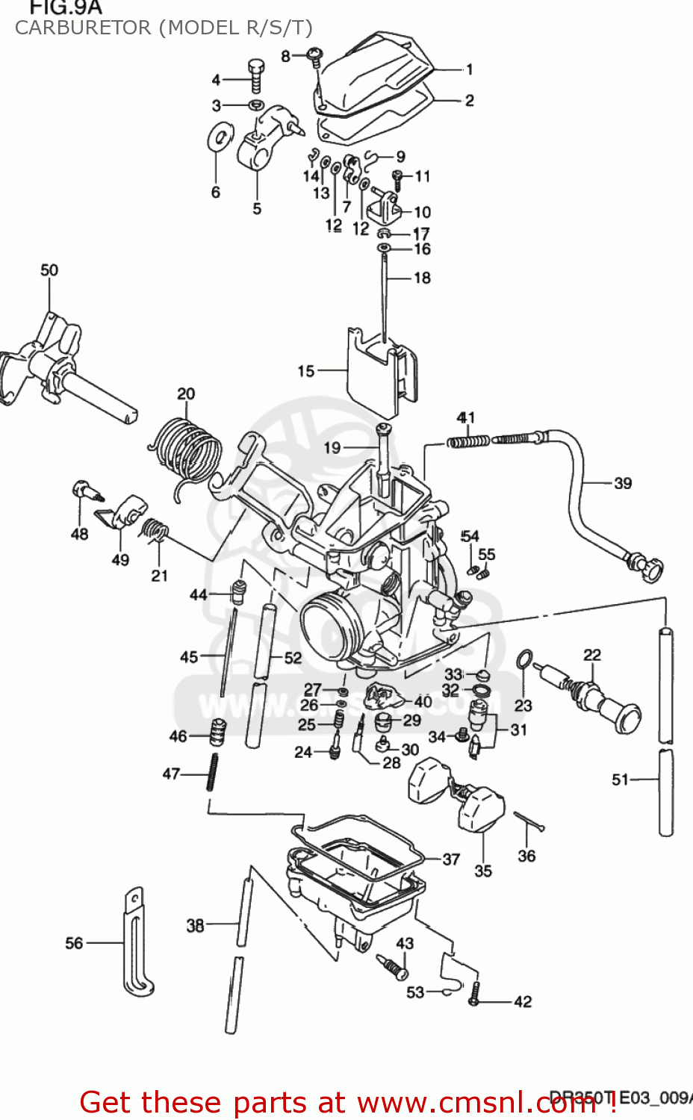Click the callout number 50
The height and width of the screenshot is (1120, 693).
click(x=49, y=270)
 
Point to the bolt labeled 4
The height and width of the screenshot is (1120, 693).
click(x=256, y=75)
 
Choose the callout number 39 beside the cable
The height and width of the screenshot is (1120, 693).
click(x=623, y=484)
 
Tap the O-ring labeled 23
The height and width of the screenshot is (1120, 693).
click(x=525, y=660)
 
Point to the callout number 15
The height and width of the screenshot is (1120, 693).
click(x=306, y=371)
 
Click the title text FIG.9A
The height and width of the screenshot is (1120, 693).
click(x=65, y=8)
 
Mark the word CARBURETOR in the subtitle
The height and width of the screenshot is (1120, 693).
click(x=83, y=28)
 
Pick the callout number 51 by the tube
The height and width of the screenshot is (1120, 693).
click(x=620, y=780)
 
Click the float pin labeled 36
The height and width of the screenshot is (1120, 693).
click(x=529, y=821)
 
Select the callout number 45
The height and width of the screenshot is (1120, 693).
click(x=189, y=657)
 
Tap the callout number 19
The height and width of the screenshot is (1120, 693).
click(x=332, y=448)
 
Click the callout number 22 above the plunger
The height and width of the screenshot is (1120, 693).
click(x=592, y=655)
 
